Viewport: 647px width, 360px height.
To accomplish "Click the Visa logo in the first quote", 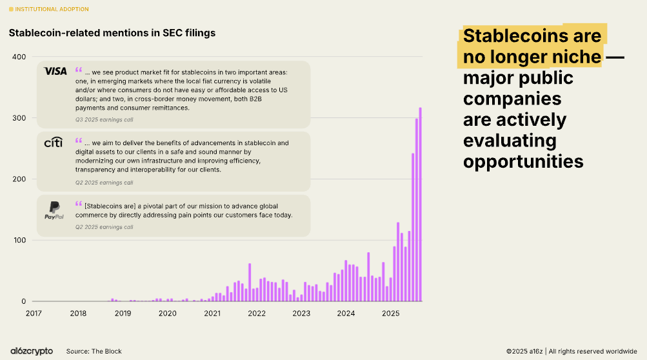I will coord(55,71).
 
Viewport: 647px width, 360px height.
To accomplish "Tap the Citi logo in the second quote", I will coord(53,143).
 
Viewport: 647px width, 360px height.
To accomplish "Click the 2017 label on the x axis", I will coord(34,314).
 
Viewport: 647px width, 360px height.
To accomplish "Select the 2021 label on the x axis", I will coord(212,314).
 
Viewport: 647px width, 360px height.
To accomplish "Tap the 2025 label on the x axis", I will coord(390,314).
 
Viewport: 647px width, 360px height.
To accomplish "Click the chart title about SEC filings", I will coord(112,32).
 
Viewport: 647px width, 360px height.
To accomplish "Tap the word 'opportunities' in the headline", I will coord(523,161).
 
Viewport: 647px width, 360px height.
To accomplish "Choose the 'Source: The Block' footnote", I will coord(94,351).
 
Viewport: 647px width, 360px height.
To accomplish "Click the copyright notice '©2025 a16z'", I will coord(524,351).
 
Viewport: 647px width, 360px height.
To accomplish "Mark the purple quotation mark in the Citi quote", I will coord(79,139).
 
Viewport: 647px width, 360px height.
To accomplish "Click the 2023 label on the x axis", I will coord(301,314).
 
